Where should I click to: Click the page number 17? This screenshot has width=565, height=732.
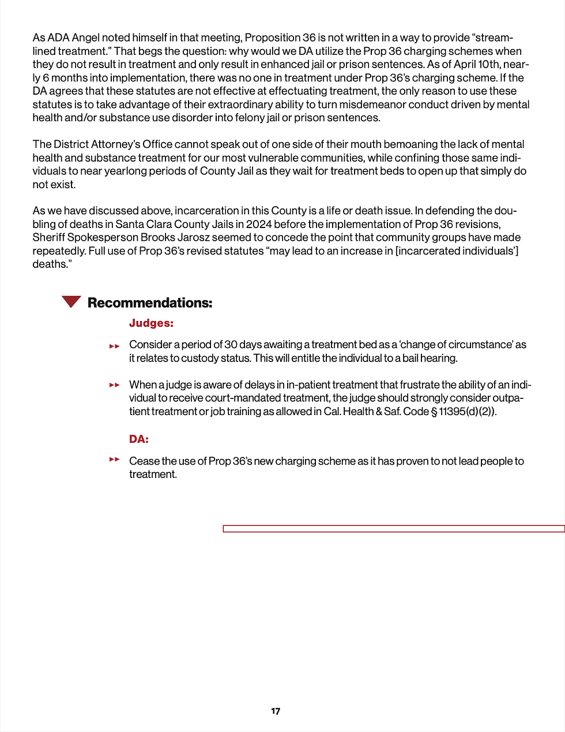[x=276, y=711]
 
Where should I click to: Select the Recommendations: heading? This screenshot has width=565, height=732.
[x=150, y=303]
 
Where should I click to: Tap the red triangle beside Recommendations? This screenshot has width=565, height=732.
[x=71, y=301]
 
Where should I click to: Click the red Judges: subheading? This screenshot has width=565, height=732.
[x=151, y=323]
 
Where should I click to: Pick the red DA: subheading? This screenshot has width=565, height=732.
[x=139, y=439]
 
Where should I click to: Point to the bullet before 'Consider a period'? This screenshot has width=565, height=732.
[x=115, y=346]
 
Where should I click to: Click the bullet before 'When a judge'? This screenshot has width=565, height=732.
[x=115, y=385]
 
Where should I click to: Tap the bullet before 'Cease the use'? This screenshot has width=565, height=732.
[x=115, y=460]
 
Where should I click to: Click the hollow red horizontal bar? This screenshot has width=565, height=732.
[x=394, y=528]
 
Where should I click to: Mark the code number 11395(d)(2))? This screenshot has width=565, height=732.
[x=467, y=412]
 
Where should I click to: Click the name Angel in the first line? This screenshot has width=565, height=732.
[x=85, y=38]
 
